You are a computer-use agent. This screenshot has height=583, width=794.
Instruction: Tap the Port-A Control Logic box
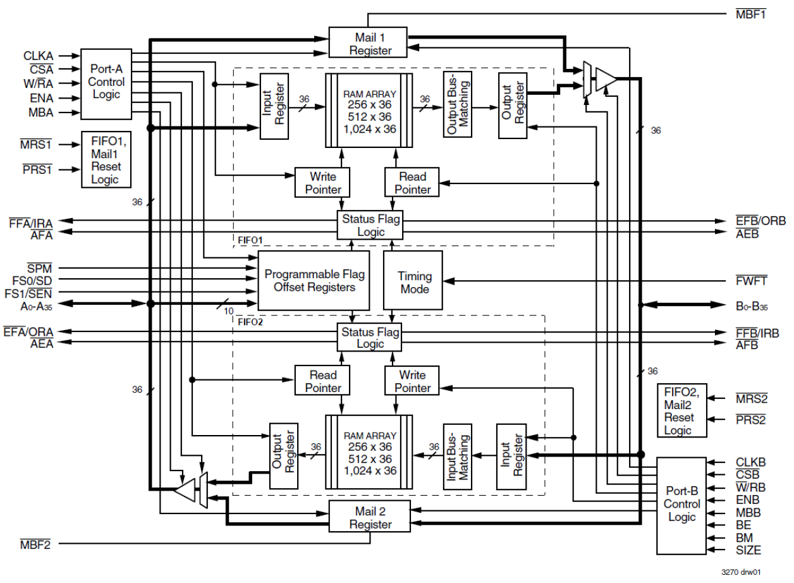point(106,82)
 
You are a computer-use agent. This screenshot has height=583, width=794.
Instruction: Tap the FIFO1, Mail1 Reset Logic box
point(106,159)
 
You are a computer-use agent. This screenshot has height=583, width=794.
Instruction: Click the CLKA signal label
point(39,56)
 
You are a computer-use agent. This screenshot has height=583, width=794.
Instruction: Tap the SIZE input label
point(748,551)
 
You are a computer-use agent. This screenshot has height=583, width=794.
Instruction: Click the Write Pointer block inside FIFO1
point(322,183)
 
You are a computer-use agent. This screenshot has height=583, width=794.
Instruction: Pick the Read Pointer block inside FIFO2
point(322,381)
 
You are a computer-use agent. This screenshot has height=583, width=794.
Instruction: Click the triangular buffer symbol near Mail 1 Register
point(606,78)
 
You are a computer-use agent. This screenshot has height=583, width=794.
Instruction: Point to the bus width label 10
point(229,311)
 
